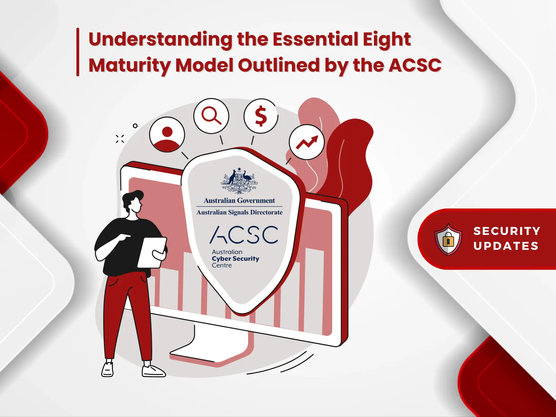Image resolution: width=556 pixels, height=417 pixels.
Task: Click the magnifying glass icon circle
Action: (x=211, y=116)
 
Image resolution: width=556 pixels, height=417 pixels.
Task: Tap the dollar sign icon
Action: (x=261, y=116)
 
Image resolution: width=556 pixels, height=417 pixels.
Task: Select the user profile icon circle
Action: (x=167, y=134)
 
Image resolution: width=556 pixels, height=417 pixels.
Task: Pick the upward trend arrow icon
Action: (x=306, y=142)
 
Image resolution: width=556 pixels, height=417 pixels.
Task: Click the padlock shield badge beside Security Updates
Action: (x=448, y=239)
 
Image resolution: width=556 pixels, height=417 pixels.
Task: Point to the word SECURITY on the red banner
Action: (x=507, y=231)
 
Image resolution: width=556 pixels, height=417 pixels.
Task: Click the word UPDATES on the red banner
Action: (x=506, y=246)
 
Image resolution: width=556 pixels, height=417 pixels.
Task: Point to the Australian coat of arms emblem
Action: (x=239, y=181)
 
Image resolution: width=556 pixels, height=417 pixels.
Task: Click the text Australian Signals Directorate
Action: (x=239, y=212)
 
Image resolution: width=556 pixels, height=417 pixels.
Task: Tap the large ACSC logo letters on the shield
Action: (x=244, y=235)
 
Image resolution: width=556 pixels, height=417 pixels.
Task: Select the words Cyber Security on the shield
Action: (x=236, y=259)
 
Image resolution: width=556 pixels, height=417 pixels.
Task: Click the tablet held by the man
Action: (x=152, y=253)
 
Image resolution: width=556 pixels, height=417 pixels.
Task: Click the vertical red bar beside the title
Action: (x=78, y=52)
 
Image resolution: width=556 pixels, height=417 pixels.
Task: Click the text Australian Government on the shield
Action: (x=239, y=201)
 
